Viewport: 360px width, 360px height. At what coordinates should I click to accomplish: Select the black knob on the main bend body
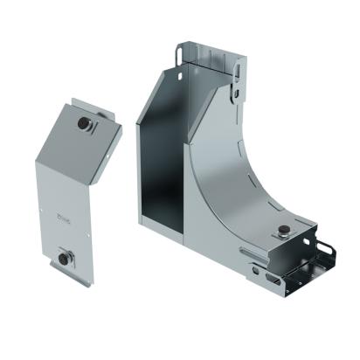tap(283, 231)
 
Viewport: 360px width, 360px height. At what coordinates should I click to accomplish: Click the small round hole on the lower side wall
tap(255, 269)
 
